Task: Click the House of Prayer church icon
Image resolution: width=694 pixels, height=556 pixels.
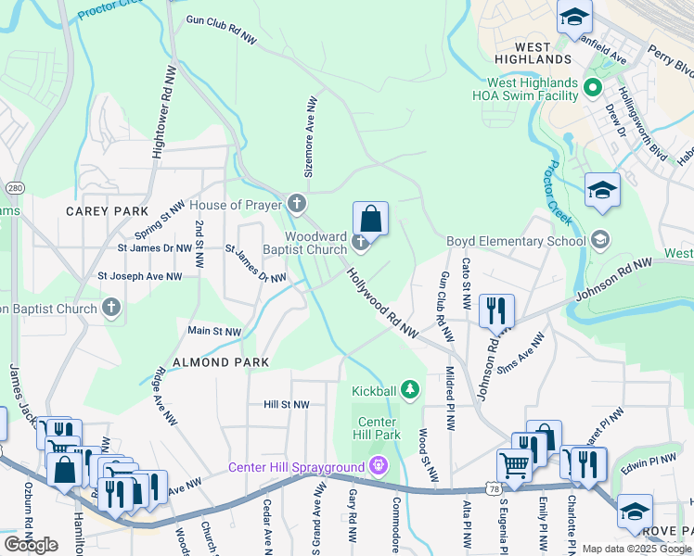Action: click(x=296, y=203)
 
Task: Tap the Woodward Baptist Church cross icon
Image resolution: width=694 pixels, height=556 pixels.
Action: click(x=361, y=244)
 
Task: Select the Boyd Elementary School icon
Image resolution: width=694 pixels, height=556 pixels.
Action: click(x=599, y=241)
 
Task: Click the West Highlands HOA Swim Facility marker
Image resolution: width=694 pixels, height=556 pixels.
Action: click(x=595, y=89)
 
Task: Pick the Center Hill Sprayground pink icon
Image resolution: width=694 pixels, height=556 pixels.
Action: click(x=377, y=464)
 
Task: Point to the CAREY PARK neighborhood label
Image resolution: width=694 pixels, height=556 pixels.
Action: click(x=107, y=211)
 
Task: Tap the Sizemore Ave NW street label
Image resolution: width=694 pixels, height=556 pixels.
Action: click(x=312, y=136)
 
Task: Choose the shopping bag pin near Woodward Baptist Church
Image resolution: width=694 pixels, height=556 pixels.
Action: click(x=370, y=220)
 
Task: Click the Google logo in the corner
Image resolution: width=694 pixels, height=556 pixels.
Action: click(x=31, y=544)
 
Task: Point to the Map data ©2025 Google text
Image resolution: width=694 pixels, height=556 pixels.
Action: click(x=636, y=549)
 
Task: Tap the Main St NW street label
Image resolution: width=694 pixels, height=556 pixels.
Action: click(x=214, y=331)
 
